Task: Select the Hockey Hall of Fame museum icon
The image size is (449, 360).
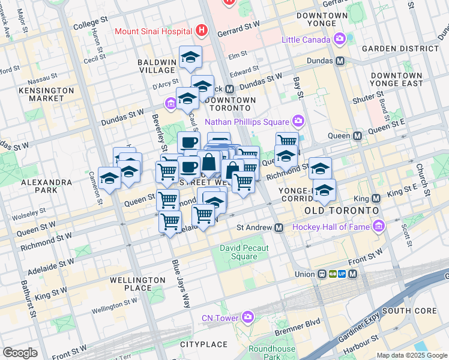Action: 378,227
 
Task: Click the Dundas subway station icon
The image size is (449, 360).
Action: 340,61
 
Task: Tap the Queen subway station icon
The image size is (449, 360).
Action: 358,136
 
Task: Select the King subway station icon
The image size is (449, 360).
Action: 376,198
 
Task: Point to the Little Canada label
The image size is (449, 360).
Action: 306,40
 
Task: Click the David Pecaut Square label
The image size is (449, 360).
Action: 238,252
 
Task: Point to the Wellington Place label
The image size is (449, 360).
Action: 137,284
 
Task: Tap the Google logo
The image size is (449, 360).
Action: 20,352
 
